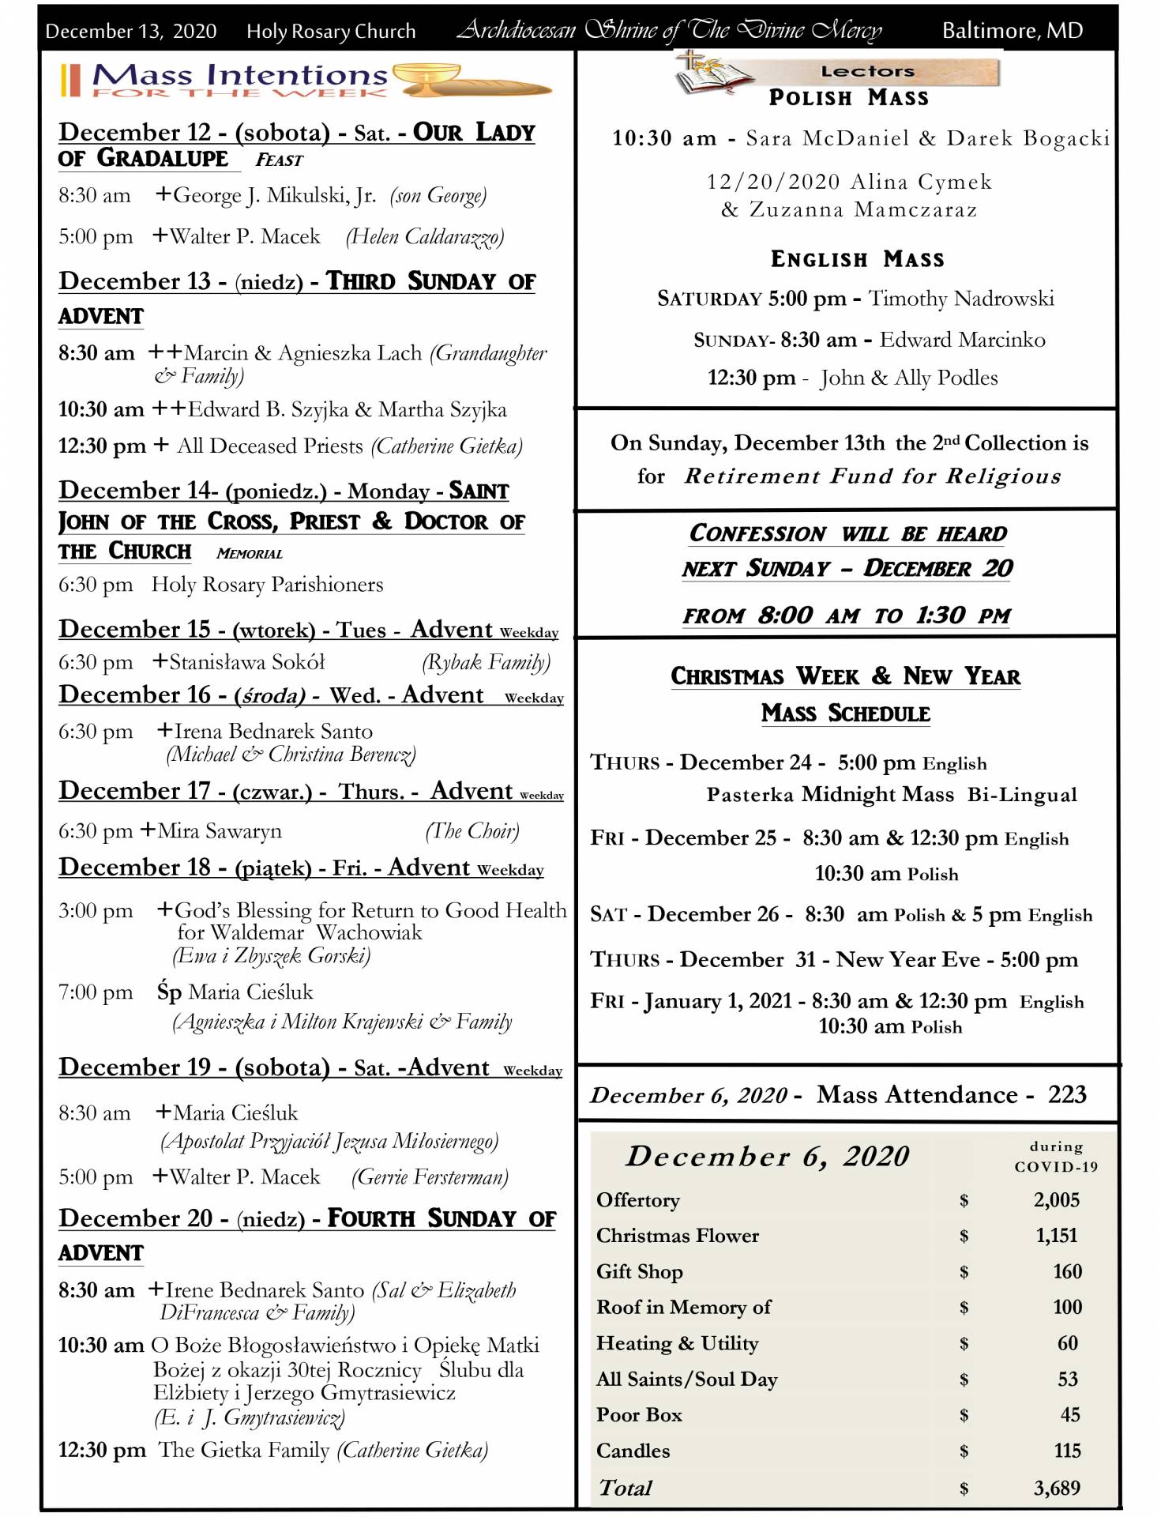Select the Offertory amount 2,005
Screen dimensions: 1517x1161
(x=1056, y=1199)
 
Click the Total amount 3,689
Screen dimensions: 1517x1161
(x=1056, y=1488)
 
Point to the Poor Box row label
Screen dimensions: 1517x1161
(x=639, y=1414)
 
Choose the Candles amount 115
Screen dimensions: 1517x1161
(x=1066, y=1451)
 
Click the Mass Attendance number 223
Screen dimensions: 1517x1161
(x=1067, y=1094)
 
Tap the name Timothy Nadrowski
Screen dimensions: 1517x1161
(x=961, y=299)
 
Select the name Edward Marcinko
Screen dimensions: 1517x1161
(x=962, y=340)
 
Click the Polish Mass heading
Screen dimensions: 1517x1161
(x=848, y=98)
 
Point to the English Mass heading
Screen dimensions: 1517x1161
(x=857, y=259)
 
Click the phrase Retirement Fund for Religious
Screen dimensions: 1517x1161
(x=873, y=476)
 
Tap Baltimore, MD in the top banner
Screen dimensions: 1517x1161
(x=1012, y=31)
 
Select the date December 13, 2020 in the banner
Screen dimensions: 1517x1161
(x=131, y=32)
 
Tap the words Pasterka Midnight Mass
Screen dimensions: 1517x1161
(x=830, y=794)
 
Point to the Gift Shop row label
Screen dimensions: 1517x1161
(x=639, y=1271)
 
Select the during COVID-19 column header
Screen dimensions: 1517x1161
(x=1056, y=1157)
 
